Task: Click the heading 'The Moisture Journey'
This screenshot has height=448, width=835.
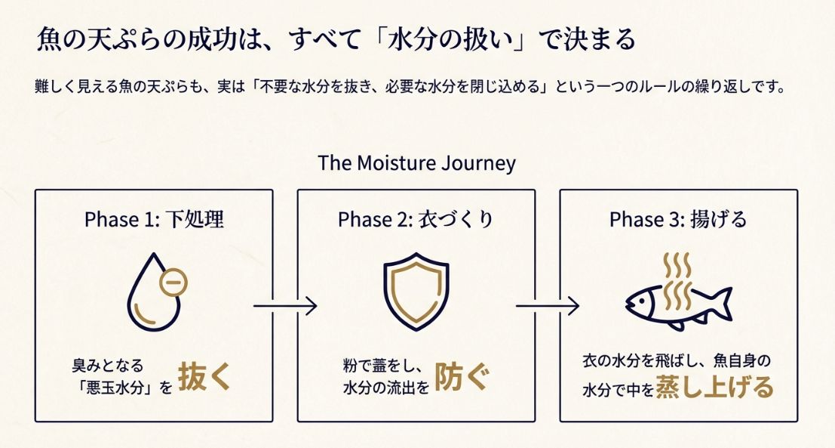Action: click(416, 163)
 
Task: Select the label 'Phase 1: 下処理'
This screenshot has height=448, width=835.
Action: click(154, 220)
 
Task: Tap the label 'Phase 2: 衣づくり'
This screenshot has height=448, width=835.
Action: click(416, 220)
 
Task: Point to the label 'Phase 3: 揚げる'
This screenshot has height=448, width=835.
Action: click(678, 220)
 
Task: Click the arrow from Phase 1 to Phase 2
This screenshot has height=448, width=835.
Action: click(284, 306)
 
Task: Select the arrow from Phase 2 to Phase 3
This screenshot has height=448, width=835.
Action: click(547, 306)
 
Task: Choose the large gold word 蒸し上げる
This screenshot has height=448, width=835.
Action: click(714, 387)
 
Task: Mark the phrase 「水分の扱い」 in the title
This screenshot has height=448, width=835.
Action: click(447, 40)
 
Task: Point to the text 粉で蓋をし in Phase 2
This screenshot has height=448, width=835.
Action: click(379, 365)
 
